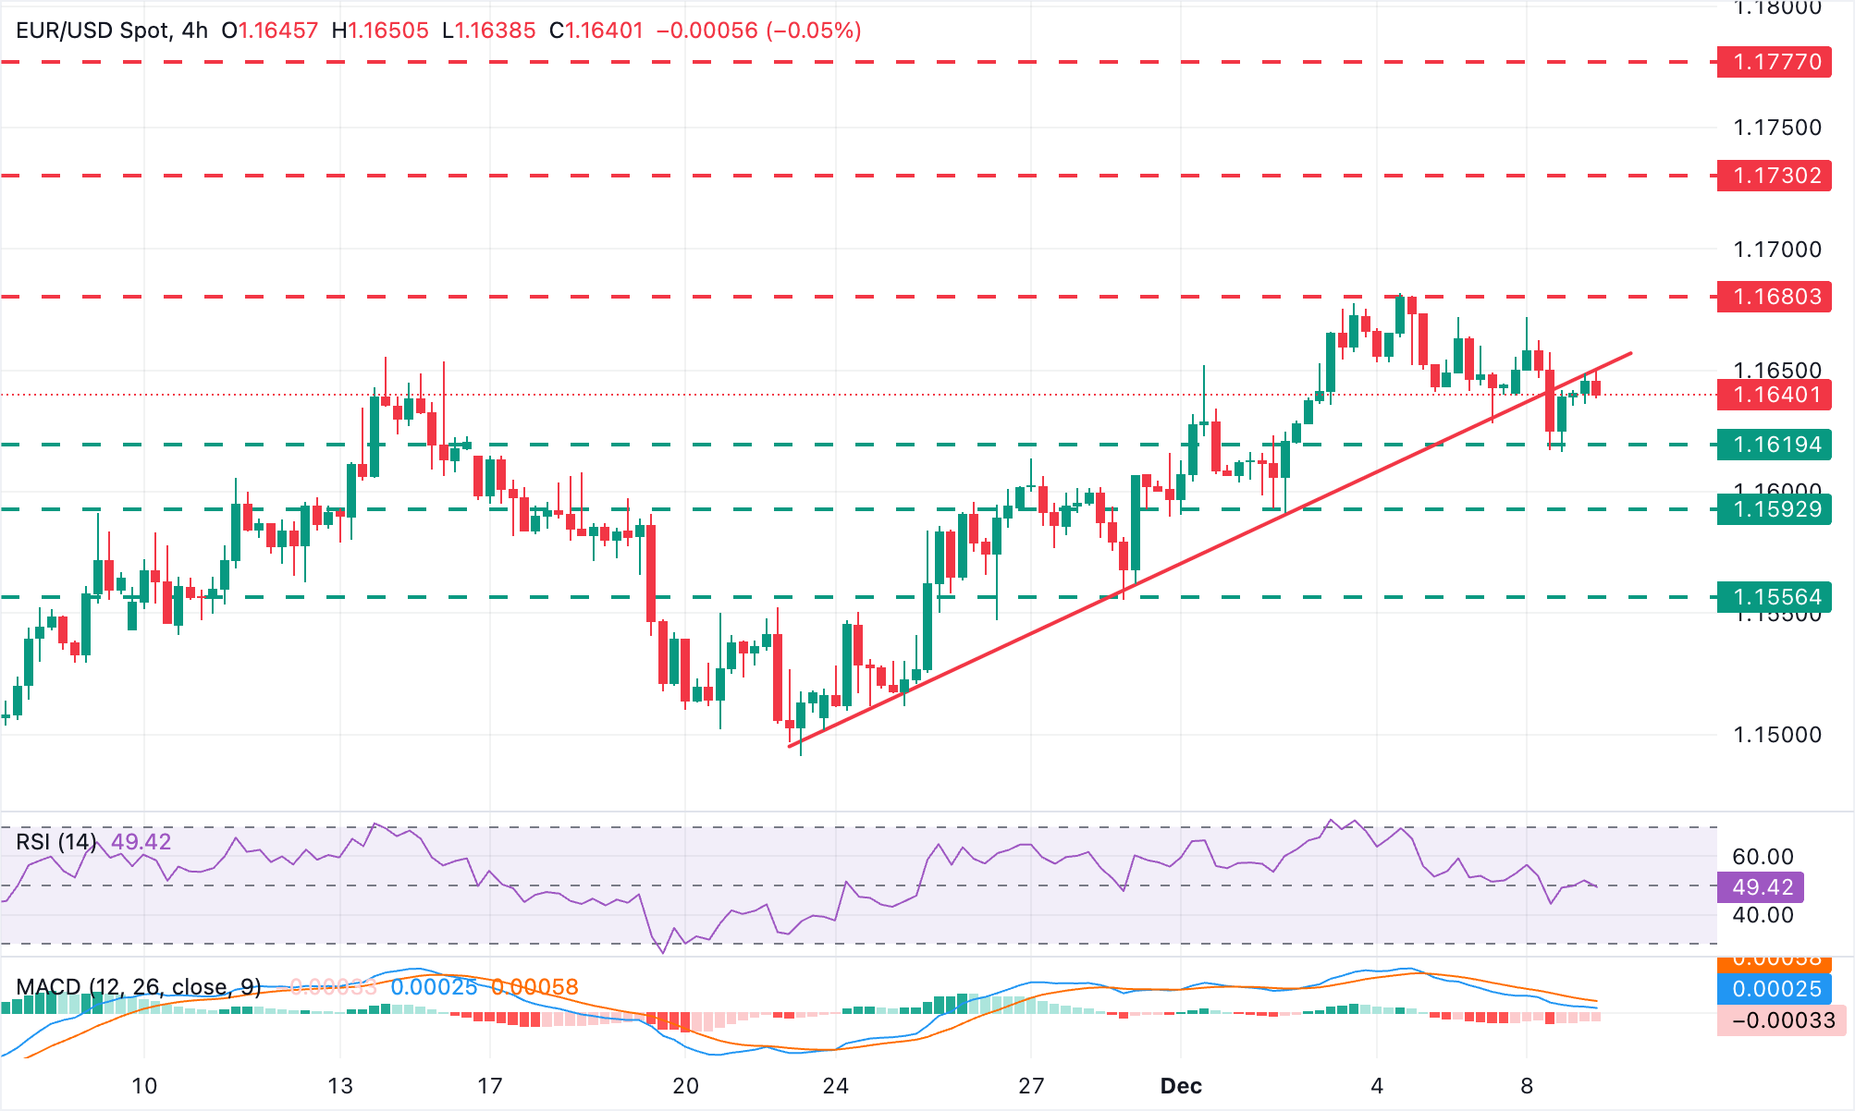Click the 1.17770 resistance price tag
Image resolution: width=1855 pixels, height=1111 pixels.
coord(1774,62)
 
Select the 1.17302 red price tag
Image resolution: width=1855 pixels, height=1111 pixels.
coord(1774,176)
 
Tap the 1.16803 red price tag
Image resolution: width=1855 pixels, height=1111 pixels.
coord(1774,297)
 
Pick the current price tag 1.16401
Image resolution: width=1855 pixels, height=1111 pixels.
coord(1774,395)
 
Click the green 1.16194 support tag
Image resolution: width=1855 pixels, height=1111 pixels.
coord(1774,445)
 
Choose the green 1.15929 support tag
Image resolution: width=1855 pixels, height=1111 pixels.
coord(1774,509)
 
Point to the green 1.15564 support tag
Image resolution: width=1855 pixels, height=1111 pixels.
coord(1774,597)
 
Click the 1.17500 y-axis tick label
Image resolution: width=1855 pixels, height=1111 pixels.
coord(1776,128)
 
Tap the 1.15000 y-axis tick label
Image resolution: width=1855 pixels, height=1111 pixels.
coord(1776,735)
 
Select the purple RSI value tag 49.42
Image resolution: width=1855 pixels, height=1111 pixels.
coord(1761,887)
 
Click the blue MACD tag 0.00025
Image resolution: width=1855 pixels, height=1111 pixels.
coord(1775,989)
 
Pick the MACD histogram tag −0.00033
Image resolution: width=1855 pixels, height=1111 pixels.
coord(1781,1020)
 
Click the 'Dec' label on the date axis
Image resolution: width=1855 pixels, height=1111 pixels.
coord(1181,1086)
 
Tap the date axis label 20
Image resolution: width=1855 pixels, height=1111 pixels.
coord(685,1086)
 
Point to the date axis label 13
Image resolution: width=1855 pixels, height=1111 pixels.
coord(340,1086)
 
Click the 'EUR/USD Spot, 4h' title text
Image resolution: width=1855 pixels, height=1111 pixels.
coord(112,31)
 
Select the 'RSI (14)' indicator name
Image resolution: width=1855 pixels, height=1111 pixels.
coord(56,842)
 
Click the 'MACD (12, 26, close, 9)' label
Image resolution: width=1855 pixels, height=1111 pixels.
coord(139,987)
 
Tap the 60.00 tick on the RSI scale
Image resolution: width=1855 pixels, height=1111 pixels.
coord(1763,857)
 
